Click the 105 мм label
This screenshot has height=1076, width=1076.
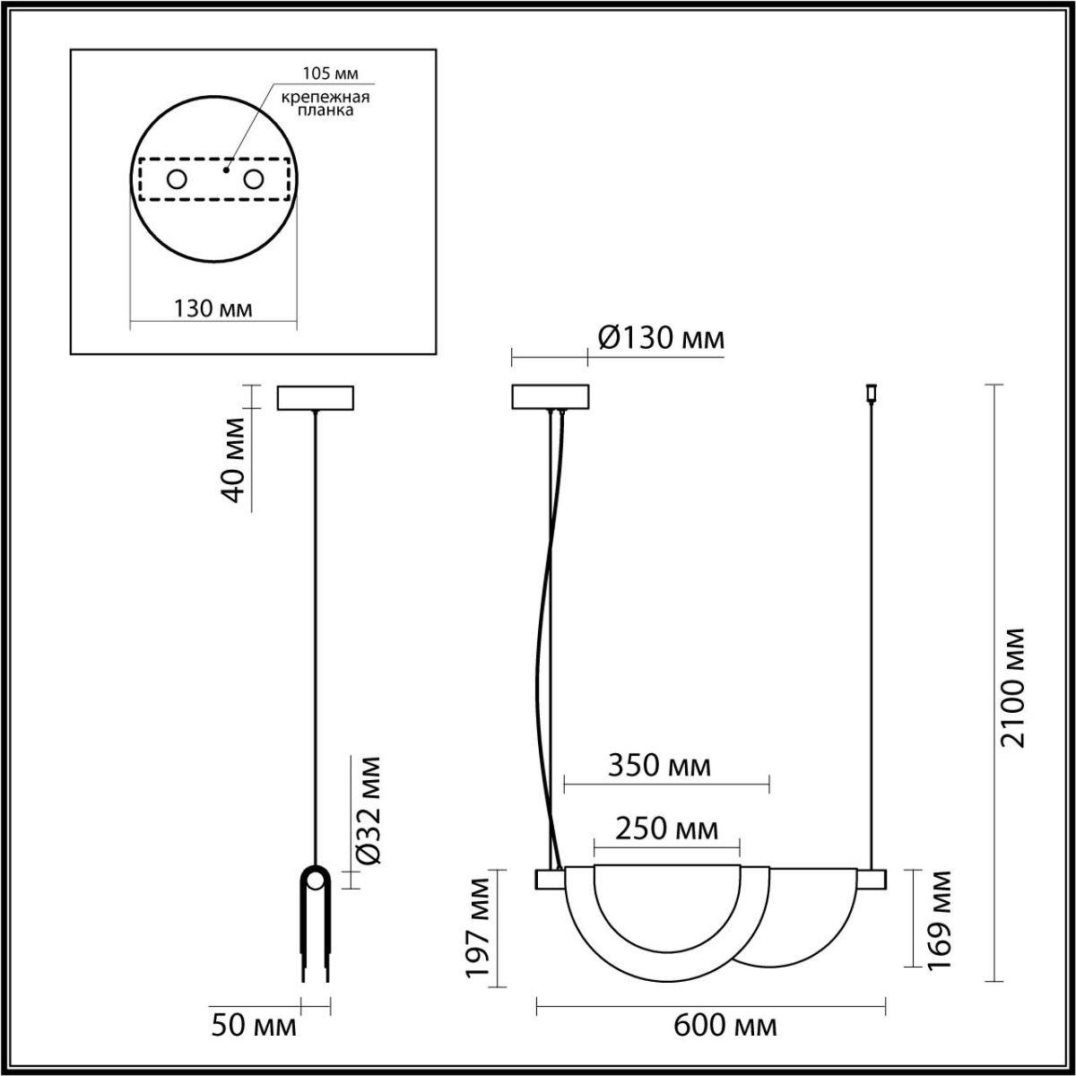click(325, 74)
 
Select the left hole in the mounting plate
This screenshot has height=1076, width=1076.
click(177, 179)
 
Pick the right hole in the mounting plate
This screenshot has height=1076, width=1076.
click(254, 179)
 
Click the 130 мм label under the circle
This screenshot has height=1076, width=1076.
click(213, 308)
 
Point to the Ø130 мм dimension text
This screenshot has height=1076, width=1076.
click(660, 338)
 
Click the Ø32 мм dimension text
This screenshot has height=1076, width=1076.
click(368, 811)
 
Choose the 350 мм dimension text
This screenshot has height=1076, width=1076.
click(659, 766)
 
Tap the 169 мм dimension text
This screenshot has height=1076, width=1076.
click(940, 918)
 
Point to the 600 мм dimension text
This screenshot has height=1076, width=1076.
click(725, 1026)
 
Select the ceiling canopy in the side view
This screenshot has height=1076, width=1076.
click(316, 397)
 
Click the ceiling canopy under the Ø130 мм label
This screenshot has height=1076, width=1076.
click(550, 397)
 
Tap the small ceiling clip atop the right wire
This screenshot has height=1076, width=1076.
click(868, 392)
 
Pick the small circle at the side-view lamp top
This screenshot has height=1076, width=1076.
click(315, 881)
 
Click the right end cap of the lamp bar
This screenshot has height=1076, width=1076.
click(874, 880)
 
